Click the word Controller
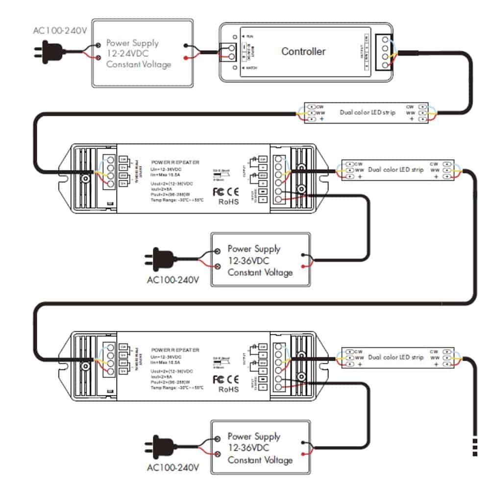(x=303, y=51)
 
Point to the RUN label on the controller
(x=249, y=36)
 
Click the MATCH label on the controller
(x=250, y=68)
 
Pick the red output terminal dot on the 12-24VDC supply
(x=185, y=58)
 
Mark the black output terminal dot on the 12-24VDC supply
(x=185, y=46)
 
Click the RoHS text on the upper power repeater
(x=229, y=201)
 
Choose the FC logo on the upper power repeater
(x=218, y=191)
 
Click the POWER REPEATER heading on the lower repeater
(x=175, y=350)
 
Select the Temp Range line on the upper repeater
(x=177, y=199)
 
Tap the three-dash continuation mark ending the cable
(x=475, y=446)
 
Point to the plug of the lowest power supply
(x=160, y=446)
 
